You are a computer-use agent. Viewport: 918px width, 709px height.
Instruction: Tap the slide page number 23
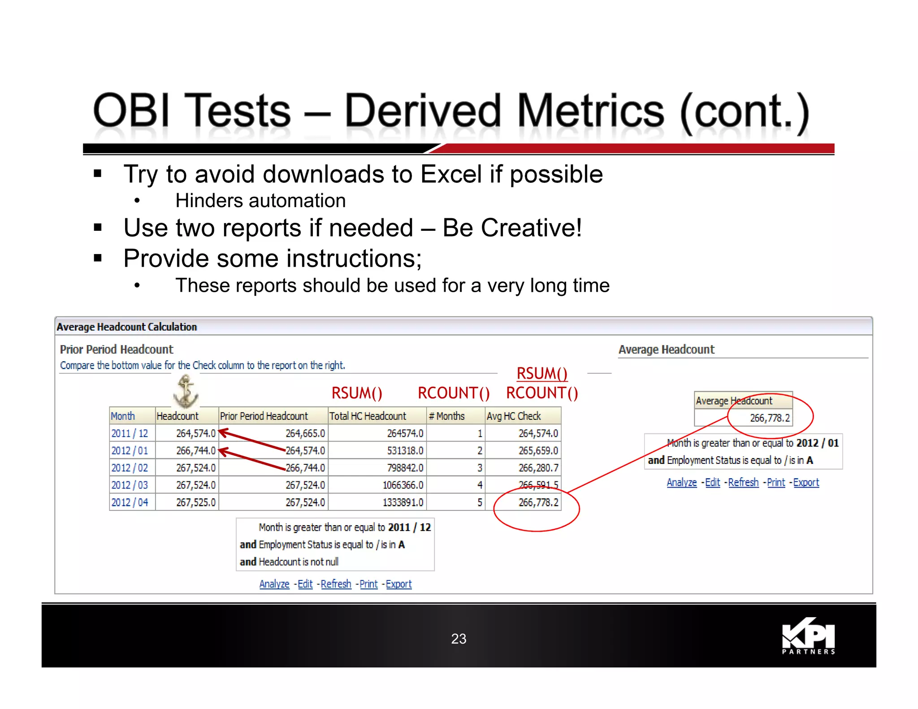tap(459, 639)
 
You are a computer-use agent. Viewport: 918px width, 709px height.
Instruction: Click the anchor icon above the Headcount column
tap(186, 391)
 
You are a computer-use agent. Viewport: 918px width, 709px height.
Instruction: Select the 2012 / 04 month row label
tap(130, 502)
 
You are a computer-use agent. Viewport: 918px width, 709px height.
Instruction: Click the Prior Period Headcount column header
tap(264, 416)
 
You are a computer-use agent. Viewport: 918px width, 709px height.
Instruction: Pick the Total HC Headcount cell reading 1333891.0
tap(403, 502)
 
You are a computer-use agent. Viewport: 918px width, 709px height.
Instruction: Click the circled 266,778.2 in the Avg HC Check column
tap(538, 502)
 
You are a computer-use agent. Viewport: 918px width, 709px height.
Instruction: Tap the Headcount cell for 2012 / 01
tap(195, 450)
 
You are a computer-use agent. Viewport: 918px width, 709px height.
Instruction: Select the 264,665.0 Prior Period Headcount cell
tap(305, 433)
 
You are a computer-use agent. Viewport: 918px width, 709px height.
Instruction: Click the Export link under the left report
tap(398, 584)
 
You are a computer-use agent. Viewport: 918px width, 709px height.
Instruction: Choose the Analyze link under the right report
tap(681, 483)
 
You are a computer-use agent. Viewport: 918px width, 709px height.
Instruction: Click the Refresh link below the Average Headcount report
tap(743, 483)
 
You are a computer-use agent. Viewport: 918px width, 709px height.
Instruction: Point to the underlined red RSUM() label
tap(542, 373)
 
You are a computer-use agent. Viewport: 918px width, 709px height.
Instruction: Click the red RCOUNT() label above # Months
tap(454, 393)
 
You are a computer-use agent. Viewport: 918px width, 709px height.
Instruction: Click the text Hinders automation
tap(260, 201)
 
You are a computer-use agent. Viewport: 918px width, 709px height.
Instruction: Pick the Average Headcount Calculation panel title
tap(127, 327)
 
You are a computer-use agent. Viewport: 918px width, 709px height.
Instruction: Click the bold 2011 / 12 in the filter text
tap(409, 527)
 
